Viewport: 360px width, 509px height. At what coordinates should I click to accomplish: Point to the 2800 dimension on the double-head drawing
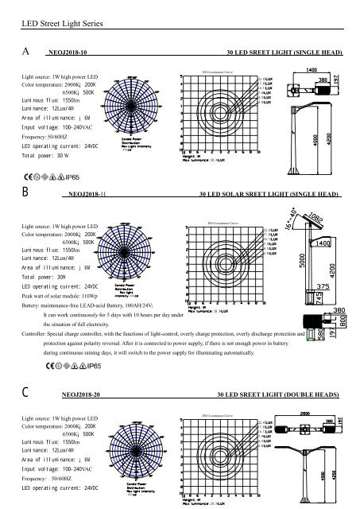pos(304,412)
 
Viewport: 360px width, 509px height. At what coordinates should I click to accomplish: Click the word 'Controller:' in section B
pos(37,333)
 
